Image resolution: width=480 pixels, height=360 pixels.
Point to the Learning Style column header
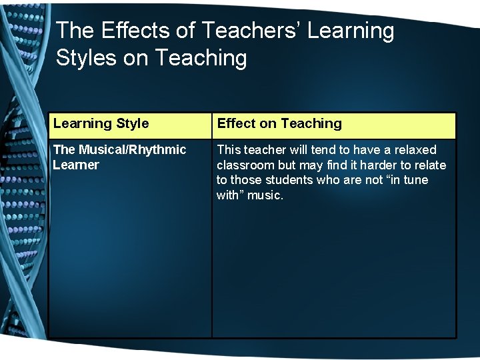tap(101, 123)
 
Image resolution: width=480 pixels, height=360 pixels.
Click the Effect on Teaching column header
tap(279, 123)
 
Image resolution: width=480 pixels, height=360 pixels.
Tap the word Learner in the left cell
tap(76, 165)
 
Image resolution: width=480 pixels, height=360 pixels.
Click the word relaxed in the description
tap(413, 150)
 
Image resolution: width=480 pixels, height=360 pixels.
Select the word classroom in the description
tap(246, 165)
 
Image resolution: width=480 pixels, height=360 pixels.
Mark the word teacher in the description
tap(266, 150)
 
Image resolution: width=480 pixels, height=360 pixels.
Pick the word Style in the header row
tap(132, 123)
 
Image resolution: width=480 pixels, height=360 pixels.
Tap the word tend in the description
tap(324, 150)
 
